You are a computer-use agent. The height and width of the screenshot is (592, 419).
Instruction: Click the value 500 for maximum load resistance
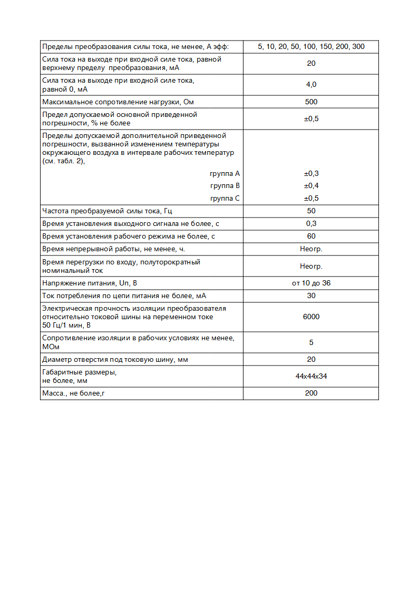point(311,102)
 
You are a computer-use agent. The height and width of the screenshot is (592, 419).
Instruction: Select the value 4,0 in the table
point(311,85)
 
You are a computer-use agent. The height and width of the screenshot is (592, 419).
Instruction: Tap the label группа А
point(225,173)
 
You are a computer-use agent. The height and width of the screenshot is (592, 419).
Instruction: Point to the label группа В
point(225,186)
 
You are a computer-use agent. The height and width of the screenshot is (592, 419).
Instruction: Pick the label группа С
point(225,199)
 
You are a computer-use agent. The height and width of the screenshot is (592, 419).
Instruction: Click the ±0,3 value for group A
point(311,173)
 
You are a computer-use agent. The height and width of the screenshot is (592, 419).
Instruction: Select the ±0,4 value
point(311,186)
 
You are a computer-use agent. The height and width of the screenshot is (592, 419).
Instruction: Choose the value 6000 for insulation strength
point(311,317)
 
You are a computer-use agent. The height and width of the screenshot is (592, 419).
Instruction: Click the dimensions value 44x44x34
point(311,376)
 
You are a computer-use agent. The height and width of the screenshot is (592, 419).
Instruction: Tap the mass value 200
point(311,393)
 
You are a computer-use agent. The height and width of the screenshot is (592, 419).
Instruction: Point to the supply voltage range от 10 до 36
point(311,283)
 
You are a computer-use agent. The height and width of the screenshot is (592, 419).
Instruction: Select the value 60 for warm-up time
point(311,236)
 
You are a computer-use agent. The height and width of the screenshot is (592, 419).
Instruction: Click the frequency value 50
point(311,211)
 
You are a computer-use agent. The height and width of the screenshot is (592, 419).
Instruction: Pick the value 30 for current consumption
point(311,296)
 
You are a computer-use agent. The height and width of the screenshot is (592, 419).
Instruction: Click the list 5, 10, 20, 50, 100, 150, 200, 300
point(311,47)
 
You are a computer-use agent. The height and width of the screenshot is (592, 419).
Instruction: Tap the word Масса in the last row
point(53,393)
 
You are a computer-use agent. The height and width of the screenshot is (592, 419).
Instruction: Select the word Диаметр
point(56,360)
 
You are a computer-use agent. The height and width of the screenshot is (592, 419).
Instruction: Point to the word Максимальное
point(66,102)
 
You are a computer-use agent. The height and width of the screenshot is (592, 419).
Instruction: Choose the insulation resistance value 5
point(311,342)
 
